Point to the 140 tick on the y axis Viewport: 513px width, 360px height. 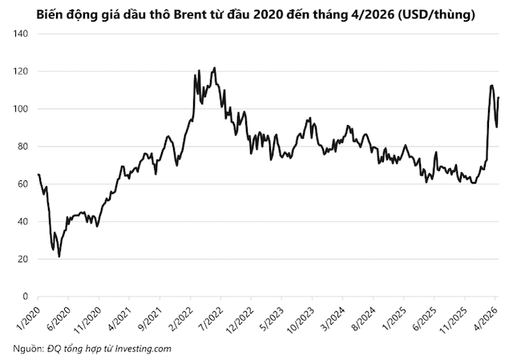(x=20, y=34)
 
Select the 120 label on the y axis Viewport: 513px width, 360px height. (x=20, y=71)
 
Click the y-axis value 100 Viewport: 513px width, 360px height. (x=20, y=109)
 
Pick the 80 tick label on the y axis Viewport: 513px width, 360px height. (x=22, y=147)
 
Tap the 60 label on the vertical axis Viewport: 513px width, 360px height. (x=22, y=184)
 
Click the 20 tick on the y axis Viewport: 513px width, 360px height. (x=22, y=259)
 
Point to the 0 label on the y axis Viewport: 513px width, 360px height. (x=25, y=297)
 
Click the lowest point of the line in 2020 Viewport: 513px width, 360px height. (x=59, y=257)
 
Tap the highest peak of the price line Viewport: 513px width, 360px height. (x=214, y=68)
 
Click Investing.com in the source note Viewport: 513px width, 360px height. (x=142, y=349)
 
